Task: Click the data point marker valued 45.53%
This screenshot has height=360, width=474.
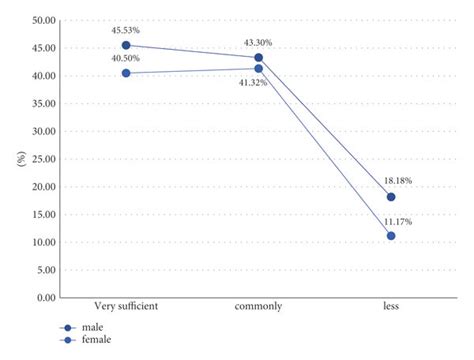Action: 126,45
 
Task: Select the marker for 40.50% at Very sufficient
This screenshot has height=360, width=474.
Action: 126,73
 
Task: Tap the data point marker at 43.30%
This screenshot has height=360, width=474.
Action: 259,58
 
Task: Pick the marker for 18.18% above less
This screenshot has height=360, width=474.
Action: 391,197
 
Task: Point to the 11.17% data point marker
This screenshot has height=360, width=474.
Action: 391,236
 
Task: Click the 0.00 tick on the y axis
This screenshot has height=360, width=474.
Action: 44,298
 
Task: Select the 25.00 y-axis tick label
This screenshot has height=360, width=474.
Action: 41,159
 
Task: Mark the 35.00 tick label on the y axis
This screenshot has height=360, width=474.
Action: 41,104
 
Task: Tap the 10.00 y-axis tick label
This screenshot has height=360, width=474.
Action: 41,242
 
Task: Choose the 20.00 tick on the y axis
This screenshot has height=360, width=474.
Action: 41,187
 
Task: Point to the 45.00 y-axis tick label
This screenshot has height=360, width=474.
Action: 41,48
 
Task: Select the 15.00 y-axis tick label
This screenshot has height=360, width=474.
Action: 41,215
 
